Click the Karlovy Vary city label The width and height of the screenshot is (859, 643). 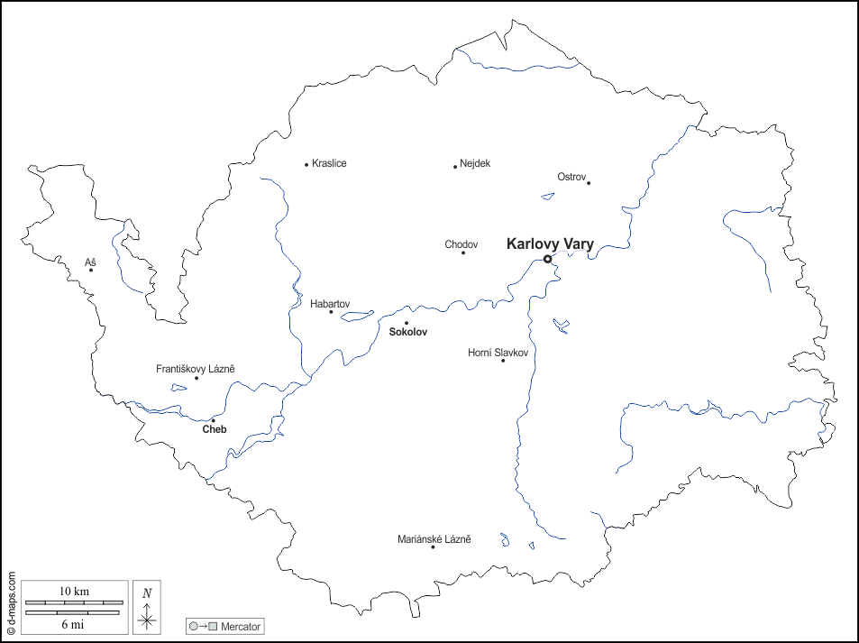(550, 243)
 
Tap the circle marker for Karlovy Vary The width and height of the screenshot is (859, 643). (547, 259)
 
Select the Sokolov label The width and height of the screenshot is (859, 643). (407, 333)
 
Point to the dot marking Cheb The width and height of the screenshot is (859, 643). (214, 420)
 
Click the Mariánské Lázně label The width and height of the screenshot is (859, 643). (434, 539)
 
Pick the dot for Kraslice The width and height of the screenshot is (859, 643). (306, 164)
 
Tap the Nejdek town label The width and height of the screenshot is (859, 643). (475, 163)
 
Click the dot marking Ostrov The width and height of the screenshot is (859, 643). (589, 183)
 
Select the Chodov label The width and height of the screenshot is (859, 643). (461, 244)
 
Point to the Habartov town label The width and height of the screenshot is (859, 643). (330, 304)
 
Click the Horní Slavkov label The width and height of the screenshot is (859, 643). (498, 352)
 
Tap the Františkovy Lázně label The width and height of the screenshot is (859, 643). (196, 369)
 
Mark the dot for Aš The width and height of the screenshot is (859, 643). (91, 270)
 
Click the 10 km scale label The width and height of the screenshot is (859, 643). (74, 591)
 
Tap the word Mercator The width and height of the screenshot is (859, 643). (241, 625)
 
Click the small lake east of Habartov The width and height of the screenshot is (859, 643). (358, 316)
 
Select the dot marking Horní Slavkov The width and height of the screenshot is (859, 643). (503, 361)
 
